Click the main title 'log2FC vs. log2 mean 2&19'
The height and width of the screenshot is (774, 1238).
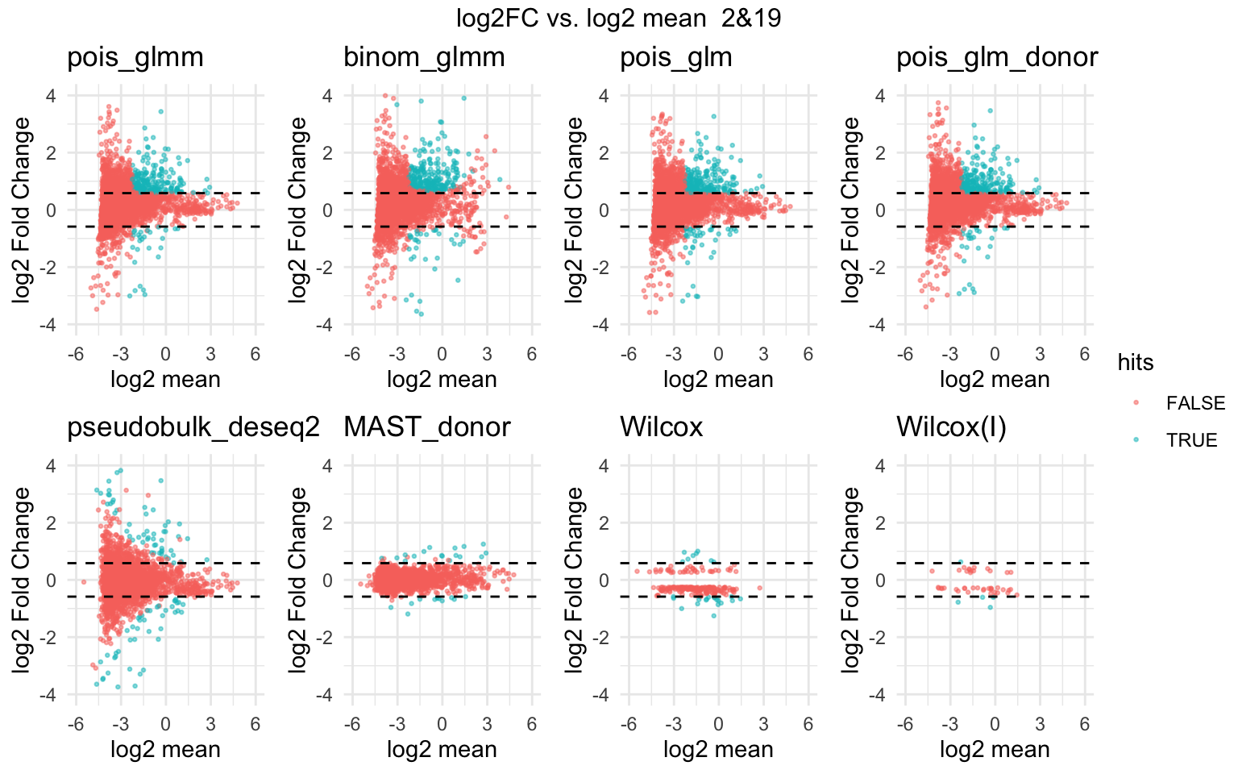click(618, 18)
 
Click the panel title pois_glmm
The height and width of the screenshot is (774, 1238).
click(135, 57)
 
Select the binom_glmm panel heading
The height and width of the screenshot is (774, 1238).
click(424, 57)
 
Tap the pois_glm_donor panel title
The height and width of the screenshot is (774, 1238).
click(997, 57)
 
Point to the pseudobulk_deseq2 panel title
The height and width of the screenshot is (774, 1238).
click(193, 427)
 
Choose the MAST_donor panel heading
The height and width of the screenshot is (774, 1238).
click(426, 427)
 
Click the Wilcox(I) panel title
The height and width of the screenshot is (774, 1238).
click(951, 427)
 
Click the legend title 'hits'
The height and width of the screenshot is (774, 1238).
click(1135, 363)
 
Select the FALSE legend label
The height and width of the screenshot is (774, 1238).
click(1194, 403)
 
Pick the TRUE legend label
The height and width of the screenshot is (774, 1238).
click(1191, 440)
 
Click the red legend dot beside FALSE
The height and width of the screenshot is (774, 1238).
click(1136, 403)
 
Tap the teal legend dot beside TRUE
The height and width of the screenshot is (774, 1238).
click(1136, 440)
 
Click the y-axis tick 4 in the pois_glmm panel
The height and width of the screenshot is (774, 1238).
click(51, 96)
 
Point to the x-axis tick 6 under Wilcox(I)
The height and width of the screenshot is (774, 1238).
click(1084, 724)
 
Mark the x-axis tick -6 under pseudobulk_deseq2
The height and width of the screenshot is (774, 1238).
click(75, 724)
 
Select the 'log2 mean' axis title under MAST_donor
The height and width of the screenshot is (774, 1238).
click(442, 750)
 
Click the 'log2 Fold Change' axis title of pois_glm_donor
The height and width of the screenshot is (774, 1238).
click(851, 210)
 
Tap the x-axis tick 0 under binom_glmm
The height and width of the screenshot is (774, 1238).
click(442, 354)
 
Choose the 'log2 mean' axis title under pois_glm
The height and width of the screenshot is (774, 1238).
click(718, 380)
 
